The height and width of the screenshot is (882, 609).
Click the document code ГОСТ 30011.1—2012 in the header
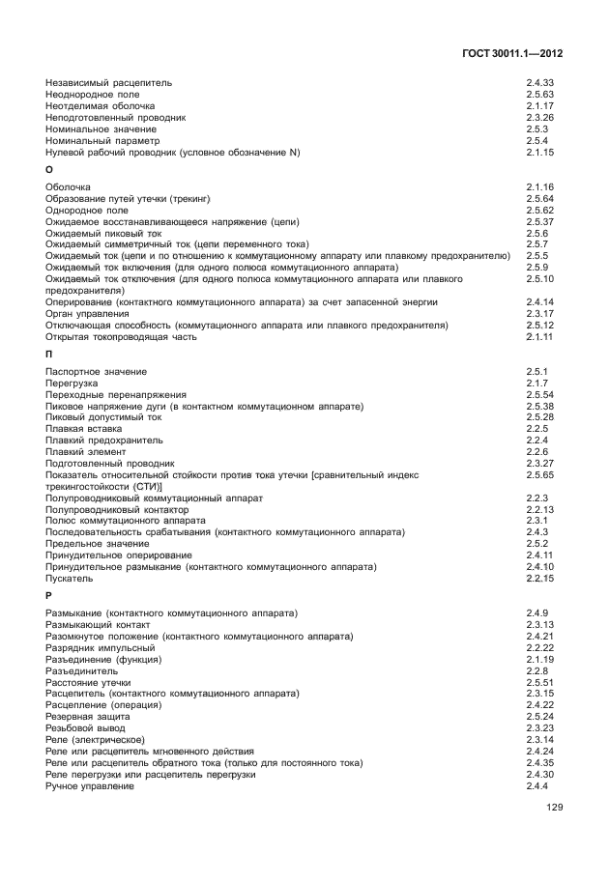pos(512,54)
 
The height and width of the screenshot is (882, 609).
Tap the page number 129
pos(554,808)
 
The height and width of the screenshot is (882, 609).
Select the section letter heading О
pos(49,169)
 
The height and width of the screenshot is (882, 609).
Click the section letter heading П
pos(49,355)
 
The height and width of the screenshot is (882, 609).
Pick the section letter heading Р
pos(49,596)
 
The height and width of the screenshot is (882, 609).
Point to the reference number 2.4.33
pos(539,83)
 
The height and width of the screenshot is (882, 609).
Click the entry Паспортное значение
pos(96,372)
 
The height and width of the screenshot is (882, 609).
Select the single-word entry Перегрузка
pos(72,384)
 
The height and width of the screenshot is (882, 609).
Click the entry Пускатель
pos(69,578)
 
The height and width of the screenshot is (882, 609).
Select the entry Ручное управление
pos(89,786)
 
